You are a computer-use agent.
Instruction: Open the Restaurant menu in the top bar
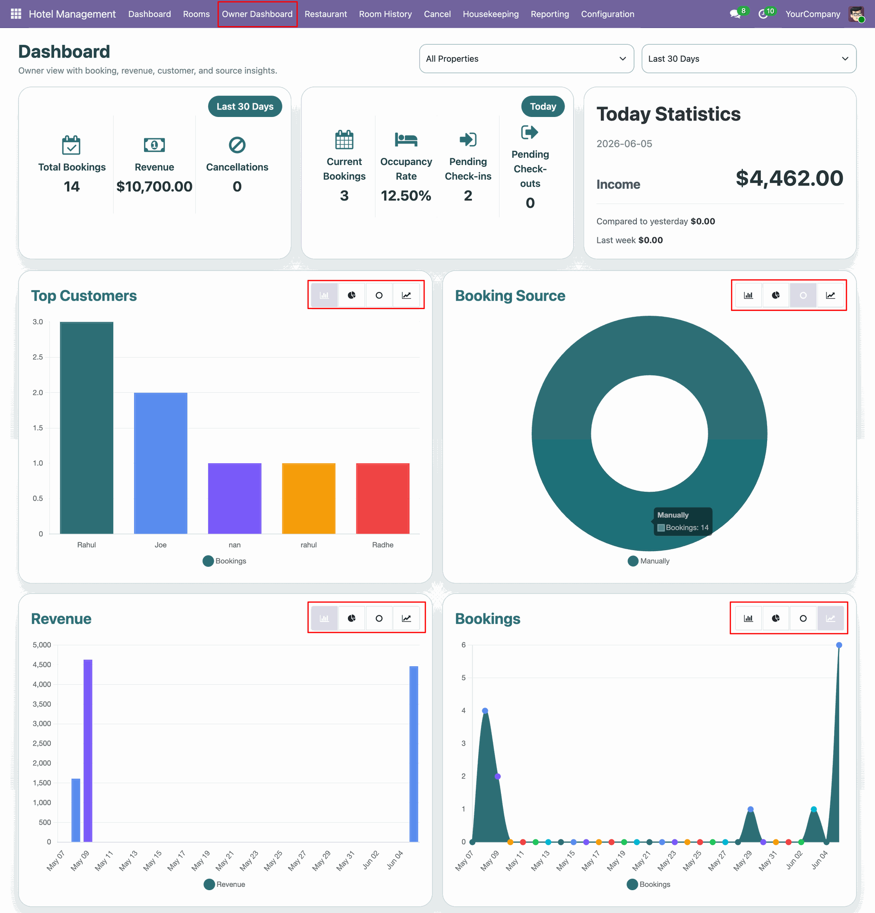click(326, 14)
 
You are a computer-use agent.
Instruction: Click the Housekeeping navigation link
click(490, 14)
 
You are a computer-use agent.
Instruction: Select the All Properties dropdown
click(527, 59)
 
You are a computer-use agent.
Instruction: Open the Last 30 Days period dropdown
click(749, 59)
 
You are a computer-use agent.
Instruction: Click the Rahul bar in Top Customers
click(87, 428)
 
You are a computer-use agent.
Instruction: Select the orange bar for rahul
click(308, 498)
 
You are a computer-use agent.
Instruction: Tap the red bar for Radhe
click(383, 498)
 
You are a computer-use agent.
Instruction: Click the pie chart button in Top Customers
click(352, 295)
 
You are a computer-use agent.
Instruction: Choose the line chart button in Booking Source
click(830, 295)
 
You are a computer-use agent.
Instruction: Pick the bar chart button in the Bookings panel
click(749, 618)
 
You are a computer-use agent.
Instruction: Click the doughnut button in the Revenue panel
click(379, 618)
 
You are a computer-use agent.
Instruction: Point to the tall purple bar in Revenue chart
click(88, 750)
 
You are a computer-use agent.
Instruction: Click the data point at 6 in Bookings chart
click(839, 645)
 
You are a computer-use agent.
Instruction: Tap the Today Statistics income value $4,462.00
click(789, 178)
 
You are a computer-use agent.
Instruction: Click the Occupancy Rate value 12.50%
click(406, 195)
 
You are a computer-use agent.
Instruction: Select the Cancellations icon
click(237, 145)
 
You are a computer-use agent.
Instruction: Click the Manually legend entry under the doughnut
click(649, 561)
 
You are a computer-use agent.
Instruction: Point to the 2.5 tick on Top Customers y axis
click(38, 357)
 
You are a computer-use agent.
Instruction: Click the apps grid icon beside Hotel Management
click(16, 14)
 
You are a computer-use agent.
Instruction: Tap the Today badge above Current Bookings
click(543, 107)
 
